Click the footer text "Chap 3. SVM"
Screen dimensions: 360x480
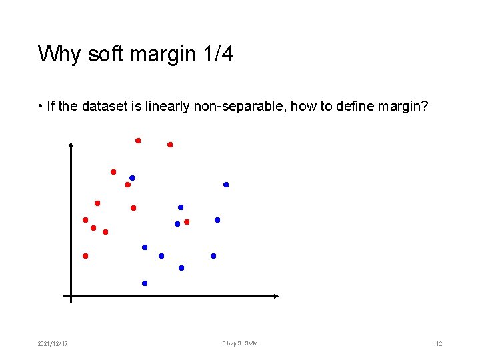[240, 343]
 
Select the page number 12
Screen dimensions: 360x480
[439, 343]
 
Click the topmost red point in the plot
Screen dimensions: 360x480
[138, 141]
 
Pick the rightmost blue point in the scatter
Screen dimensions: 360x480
[226, 185]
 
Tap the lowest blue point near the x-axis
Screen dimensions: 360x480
[145, 283]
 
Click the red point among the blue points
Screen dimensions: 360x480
[187, 222]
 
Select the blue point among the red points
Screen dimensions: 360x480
[132, 178]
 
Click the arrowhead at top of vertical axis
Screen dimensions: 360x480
[71, 145]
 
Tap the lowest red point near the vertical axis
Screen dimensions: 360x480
[85, 256]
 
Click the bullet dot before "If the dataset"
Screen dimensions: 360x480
[41, 107]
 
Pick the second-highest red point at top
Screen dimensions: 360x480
[170, 145]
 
